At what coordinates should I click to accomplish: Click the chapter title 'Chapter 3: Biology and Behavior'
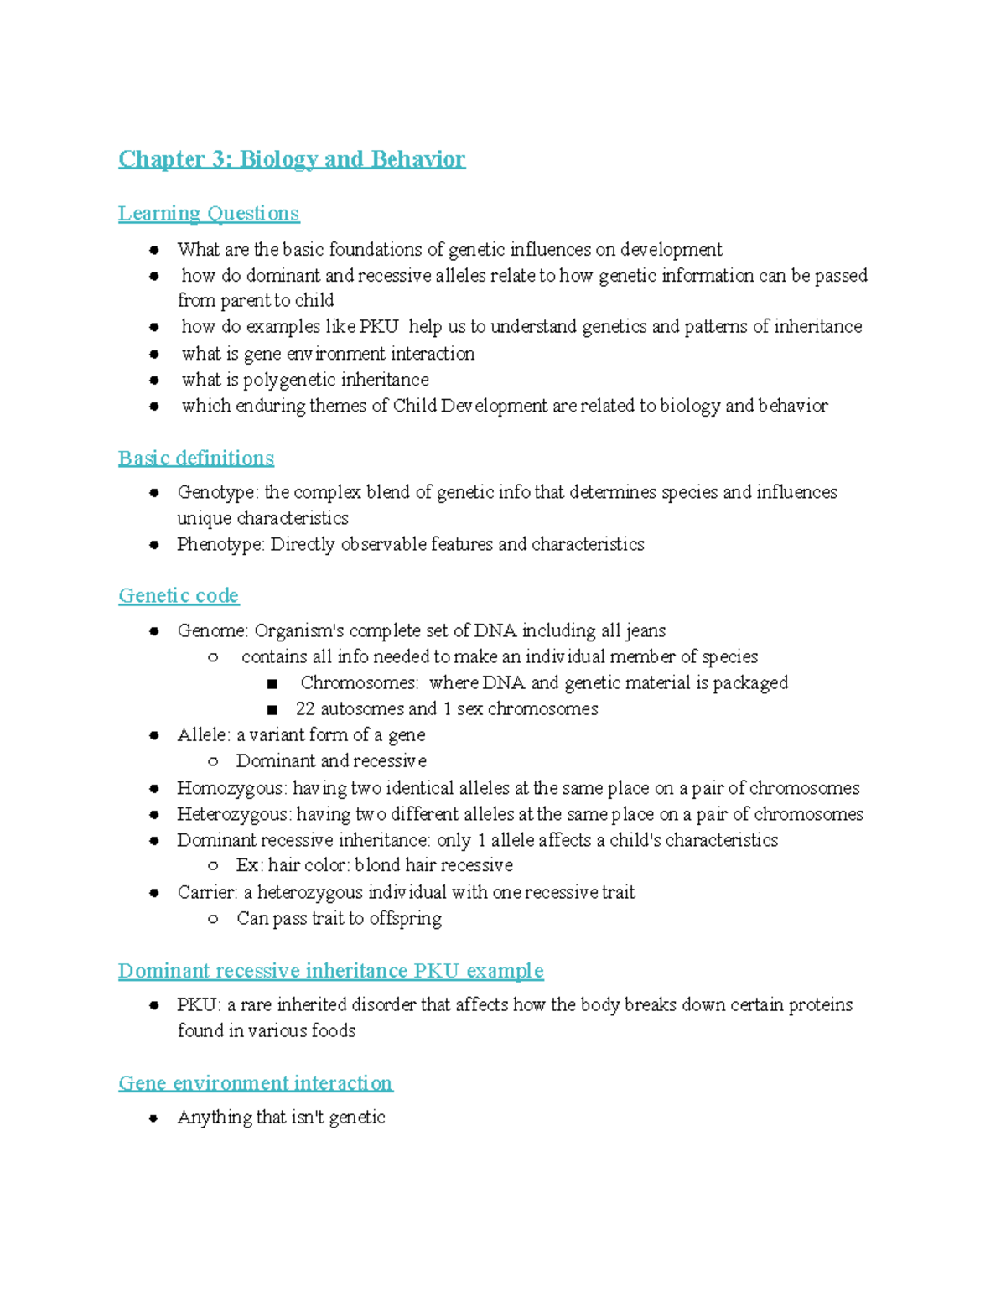291,159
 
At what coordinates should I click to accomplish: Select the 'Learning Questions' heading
208,214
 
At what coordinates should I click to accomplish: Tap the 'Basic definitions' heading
195,459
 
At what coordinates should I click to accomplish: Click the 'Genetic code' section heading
178,596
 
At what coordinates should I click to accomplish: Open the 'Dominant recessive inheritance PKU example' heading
330,971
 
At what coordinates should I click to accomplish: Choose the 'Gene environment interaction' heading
255,1083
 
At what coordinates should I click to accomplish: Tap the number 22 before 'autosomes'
305,709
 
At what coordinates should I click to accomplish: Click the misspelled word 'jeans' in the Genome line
645,630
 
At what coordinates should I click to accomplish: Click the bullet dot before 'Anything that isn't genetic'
153,1118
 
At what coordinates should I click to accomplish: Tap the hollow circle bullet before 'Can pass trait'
213,919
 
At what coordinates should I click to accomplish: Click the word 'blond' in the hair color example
377,865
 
